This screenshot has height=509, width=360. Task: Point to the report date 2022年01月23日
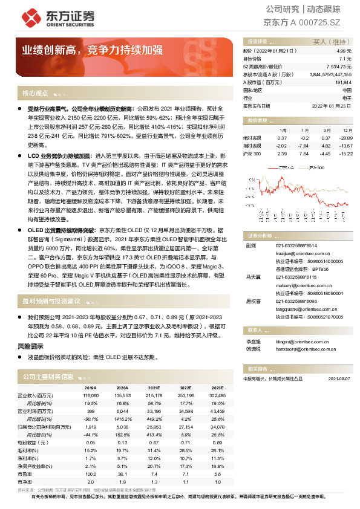pyautogui.click(x=332, y=105)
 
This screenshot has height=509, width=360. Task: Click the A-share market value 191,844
pyautogui.click(x=343, y=82)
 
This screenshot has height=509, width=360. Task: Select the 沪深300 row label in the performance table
pyautogui.click(x=252, y=154)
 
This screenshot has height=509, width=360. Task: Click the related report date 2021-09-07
pyautogui.click(x=339, y=378)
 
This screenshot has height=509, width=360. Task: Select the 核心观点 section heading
pyautogui.click(x=34, y=94)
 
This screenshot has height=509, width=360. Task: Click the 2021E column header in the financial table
pyautogui.click(x=153, y=388)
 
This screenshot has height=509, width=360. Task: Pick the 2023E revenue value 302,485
pyautogui.click(x=216, y=395)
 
